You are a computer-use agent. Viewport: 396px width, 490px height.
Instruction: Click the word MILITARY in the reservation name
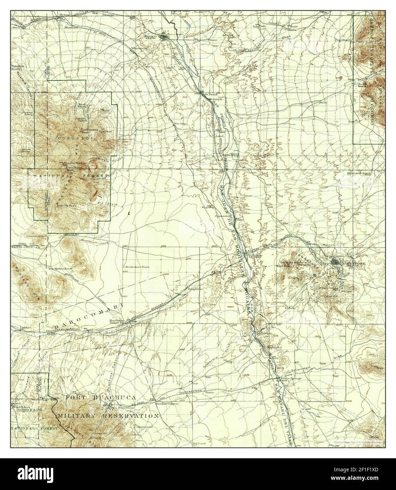(x=77, y=416)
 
